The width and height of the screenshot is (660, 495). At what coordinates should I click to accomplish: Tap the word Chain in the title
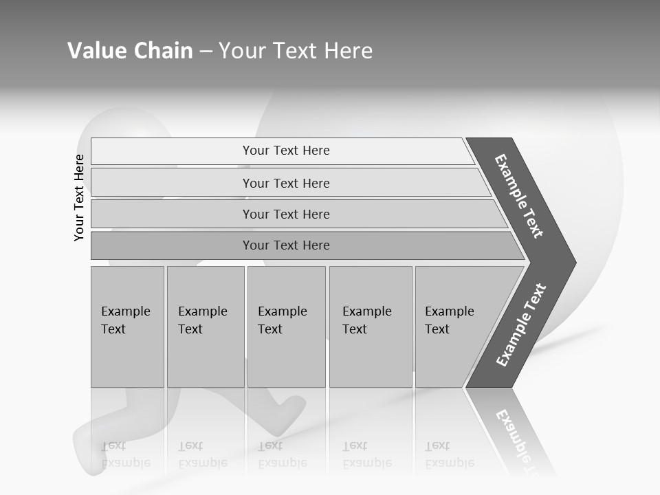163,51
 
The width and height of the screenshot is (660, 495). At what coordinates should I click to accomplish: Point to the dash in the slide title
206,52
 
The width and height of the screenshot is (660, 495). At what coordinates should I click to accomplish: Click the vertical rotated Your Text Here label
79,197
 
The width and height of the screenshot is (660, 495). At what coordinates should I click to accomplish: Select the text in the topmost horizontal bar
286,151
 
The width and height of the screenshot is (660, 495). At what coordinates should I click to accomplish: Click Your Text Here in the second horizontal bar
286,184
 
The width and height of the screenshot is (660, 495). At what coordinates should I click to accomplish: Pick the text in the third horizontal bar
286,214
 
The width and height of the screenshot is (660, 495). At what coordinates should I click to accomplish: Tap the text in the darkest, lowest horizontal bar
286,245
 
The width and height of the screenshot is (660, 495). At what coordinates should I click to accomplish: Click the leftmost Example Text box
127,327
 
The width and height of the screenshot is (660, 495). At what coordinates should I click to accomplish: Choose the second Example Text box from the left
206,327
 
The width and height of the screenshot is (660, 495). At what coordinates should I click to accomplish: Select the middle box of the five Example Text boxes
286,327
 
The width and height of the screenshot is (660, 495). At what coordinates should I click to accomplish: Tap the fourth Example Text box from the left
371,327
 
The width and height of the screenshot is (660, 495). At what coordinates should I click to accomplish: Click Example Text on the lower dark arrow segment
521,324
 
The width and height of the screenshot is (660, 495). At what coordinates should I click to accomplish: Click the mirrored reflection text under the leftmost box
126,454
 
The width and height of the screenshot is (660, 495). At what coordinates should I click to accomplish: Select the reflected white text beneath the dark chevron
520,440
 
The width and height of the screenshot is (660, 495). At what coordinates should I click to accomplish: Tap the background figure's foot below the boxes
289,412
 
